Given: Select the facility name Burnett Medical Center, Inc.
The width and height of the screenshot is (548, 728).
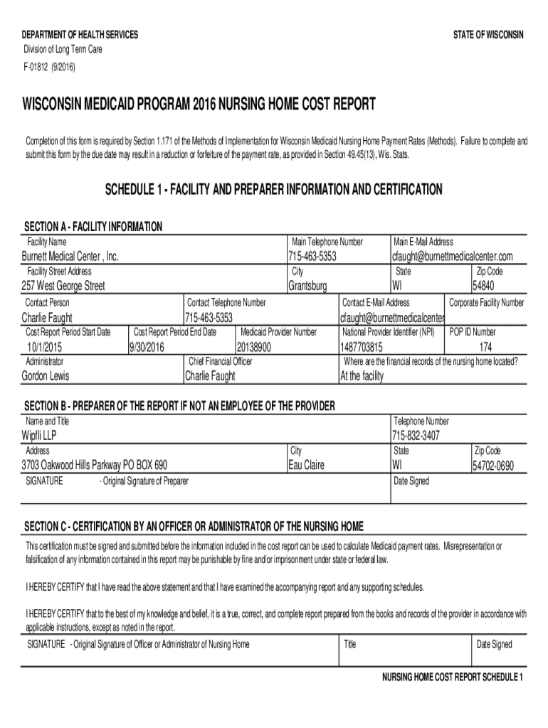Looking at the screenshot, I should pos(70,256).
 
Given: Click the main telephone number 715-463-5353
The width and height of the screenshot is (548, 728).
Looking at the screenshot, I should pos(312,256).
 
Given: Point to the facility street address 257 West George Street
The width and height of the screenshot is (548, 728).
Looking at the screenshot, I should pos(63,286).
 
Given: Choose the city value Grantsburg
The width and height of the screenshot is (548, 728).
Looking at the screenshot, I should pos(307,286).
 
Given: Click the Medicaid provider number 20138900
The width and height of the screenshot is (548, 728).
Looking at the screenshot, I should pos(254,347).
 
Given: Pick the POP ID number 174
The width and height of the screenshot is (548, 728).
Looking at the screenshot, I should pos(485,347).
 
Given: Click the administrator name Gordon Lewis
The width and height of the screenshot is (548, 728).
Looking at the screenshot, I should pos(46,376).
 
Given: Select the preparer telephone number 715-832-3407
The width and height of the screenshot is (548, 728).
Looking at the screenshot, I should pos(416,435).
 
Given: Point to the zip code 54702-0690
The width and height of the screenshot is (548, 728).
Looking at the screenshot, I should pos(492,466).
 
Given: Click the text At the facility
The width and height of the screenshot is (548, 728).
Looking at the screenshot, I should pos(362,376).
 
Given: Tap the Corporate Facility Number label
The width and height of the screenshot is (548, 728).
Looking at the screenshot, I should pos(486,303).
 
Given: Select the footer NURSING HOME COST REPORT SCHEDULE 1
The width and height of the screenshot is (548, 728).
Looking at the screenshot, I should pos(453,676).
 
